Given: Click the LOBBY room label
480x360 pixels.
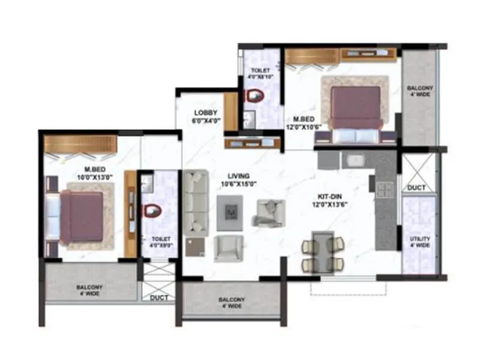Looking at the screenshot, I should (205, 113).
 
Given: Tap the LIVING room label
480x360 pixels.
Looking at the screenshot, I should (238, 176).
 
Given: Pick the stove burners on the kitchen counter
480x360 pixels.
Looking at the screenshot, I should (385, 190).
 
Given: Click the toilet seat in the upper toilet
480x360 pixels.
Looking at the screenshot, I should (256, 96).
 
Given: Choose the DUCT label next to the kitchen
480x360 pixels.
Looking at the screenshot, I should (416, 188).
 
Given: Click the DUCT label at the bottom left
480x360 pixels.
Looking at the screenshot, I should (158, 298).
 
